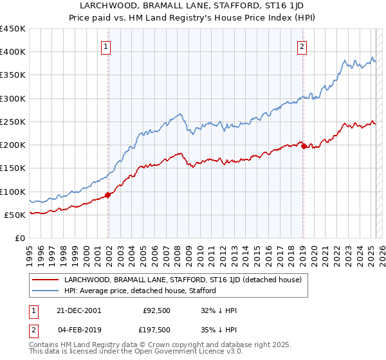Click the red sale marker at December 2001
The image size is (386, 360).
108,195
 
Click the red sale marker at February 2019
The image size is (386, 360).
304,146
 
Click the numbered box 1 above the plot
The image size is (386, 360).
106,46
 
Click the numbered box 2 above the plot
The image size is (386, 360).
302,46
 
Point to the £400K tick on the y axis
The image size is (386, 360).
13,52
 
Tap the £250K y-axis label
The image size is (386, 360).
13,122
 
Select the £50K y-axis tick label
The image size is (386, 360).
15,215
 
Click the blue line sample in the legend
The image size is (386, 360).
46,291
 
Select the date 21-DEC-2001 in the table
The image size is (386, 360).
78,310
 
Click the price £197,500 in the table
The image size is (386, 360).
156,330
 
